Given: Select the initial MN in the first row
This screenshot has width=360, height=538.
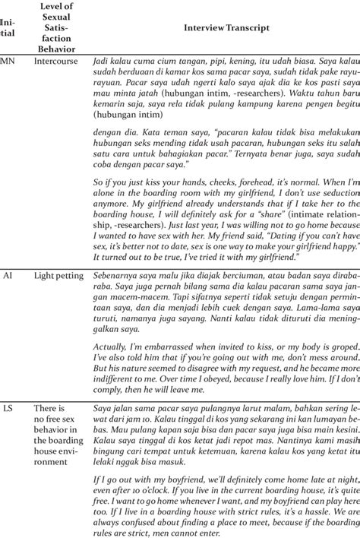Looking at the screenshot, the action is point(7,61).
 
